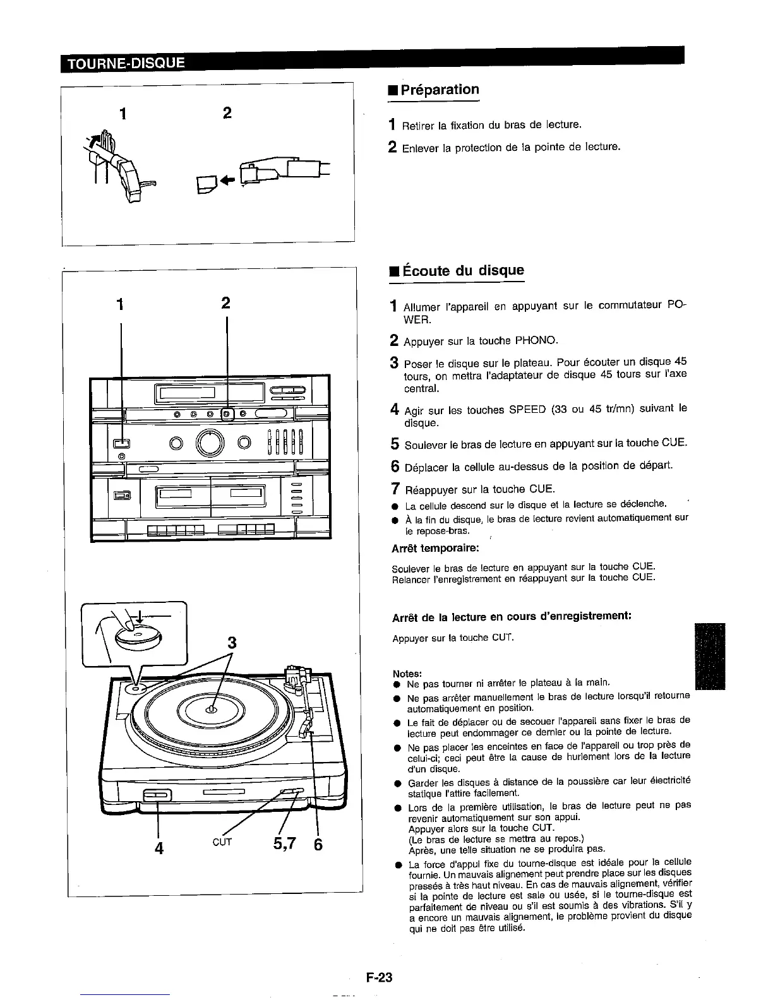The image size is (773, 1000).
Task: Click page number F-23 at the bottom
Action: [x=379, y=977]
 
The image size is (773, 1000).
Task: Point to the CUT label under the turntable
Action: [x=222, y=842]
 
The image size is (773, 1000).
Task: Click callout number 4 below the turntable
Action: [x=159, y=847]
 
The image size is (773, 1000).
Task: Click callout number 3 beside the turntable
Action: [x=232, y=643]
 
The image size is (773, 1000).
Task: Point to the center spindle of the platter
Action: [x=211, y=710]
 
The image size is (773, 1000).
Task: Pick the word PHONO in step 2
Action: [x=536, y=341]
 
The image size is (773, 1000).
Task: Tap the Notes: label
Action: [x=407, y=674]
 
